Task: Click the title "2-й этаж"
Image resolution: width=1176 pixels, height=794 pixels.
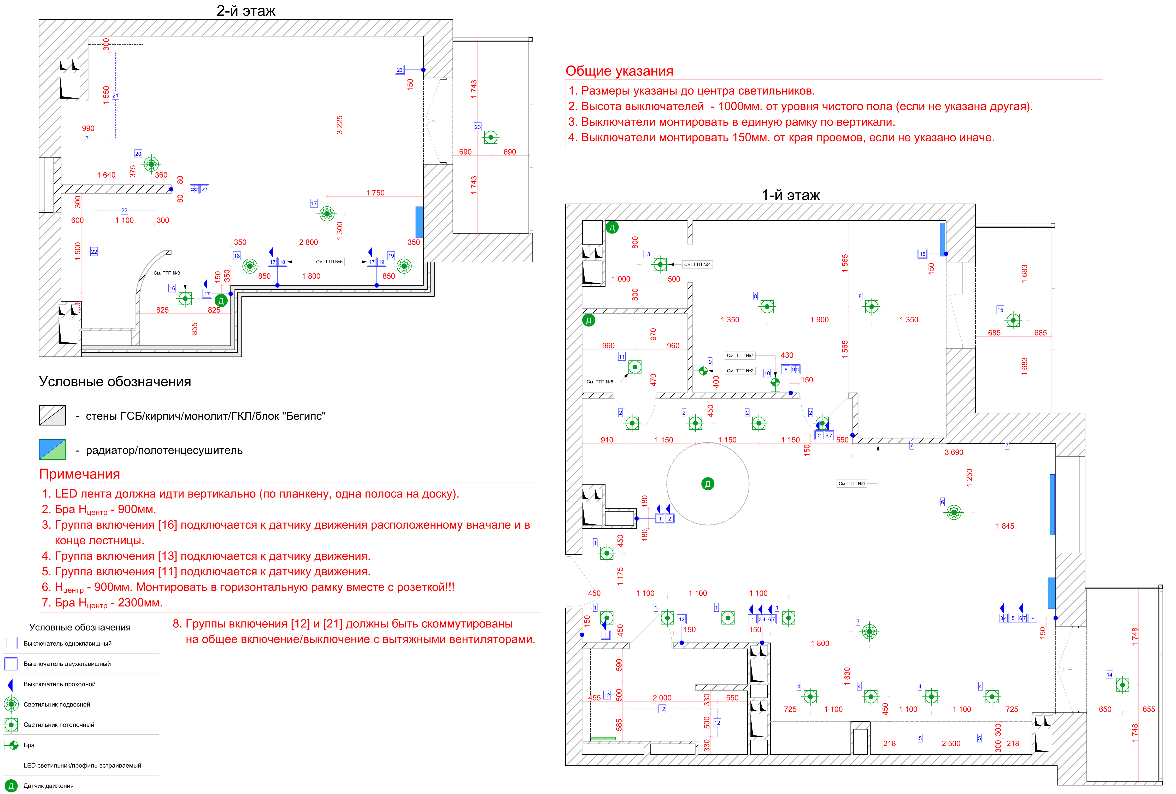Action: coord(246,11)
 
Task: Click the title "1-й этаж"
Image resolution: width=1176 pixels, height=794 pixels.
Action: coord(790,195)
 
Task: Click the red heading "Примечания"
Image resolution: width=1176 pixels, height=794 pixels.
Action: coord(79,474)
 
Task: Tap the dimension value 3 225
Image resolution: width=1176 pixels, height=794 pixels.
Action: coord(339,125)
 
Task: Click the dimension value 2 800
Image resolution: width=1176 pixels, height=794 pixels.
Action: coord(308,242)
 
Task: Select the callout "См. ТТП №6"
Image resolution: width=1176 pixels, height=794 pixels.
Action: coord(329,262)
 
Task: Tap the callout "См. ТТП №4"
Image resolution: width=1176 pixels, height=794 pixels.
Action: coord(697,264)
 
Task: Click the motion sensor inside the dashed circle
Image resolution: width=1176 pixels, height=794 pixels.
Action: coord(707,484)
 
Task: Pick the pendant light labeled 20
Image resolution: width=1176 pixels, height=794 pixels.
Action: coord(151,164)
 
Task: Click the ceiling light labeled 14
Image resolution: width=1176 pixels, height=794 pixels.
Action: coord(1122,685)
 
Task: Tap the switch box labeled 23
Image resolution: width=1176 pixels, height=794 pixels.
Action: coord(400,70)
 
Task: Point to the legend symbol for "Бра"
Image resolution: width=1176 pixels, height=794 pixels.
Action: coord(11,745)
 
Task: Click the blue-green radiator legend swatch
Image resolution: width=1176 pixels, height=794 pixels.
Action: coord(52,449)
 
